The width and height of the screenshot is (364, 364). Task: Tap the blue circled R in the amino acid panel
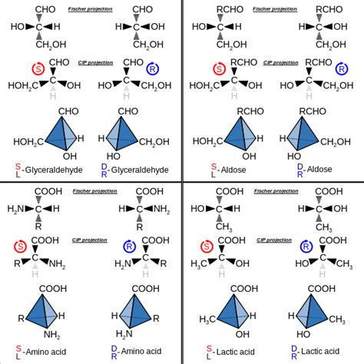152,247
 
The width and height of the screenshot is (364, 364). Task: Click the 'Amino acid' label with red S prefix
50,350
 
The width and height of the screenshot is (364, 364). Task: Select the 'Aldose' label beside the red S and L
230,168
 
